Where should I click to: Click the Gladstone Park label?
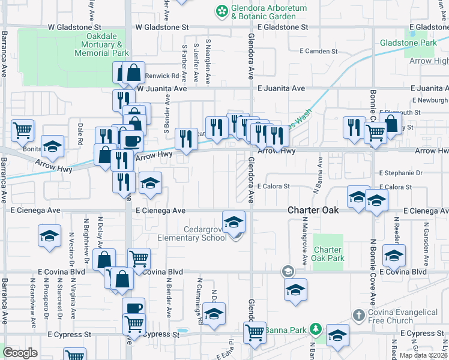pos(408,43)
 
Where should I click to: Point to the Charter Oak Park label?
pos(328,254)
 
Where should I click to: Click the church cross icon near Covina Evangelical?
pos(358,314)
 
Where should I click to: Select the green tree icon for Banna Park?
pos(315,329)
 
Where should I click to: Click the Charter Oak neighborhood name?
pos(313,211)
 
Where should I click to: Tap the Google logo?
pos(20,353)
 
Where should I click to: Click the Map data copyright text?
pos(424,355)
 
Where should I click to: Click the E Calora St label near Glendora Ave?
pos(274,187)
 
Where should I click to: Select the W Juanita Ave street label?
pos(162,88)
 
